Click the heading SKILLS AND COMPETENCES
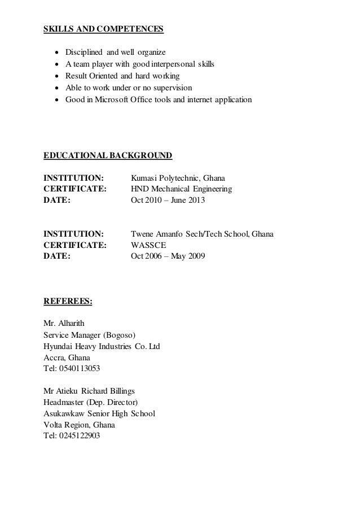click(x=103, y=28)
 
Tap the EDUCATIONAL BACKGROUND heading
click(x=108, y=155)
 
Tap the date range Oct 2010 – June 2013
click(x=168, y=200)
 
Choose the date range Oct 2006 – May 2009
click(x=168, y=256)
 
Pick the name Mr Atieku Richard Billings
click(x=89, y=391)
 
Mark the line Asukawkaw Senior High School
click(x=99, y=413)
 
